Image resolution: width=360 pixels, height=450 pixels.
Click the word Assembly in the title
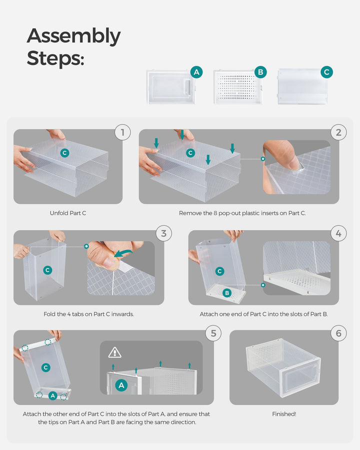click(x=73, y=36)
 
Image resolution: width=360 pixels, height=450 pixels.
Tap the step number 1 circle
click(x=122, y=132)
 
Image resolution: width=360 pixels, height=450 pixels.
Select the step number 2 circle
click(x=338, y=132)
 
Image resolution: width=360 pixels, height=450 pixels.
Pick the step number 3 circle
click(x=164, y=233)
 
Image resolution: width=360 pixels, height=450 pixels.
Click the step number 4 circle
click(x=338, y=233)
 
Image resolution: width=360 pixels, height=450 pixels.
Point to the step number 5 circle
click(x=213, y=333)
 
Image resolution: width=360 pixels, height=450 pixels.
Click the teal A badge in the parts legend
click(x=196, y=72)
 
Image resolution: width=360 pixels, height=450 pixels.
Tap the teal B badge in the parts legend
click(x=260, y=72)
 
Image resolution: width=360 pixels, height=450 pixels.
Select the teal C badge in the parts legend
click(x=326, y=72)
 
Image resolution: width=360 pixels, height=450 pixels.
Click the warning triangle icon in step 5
click(x=115, y=352)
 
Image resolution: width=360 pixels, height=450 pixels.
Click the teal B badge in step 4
click(x=226, y=293)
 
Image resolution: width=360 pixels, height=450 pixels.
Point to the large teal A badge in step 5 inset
click(x=120, y=385)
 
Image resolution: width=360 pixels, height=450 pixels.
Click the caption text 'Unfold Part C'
click(x=68, y=213)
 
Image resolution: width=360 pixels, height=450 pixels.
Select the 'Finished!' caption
click(x=284, y=414)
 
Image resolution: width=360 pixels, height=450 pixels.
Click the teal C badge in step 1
click(x=64, y=152)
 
